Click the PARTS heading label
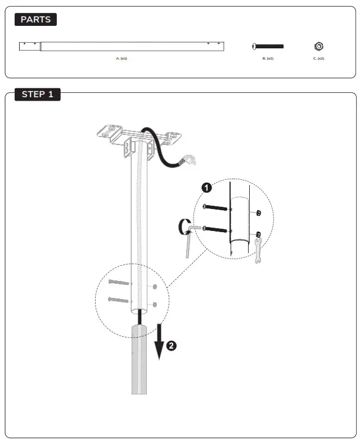coord(35,20)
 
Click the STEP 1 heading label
coord(37,94)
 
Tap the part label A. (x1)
coord(121,58)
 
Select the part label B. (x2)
coord(268,58)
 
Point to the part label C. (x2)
coord(318,58)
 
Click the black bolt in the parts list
coord(268,46)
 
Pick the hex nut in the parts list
coord(318,46)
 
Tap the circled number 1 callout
coord(207,187)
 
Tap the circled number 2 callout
coord(172,346)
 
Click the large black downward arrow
coord(159,341)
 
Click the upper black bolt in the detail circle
coord(214,208)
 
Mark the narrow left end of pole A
coord(30,46)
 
